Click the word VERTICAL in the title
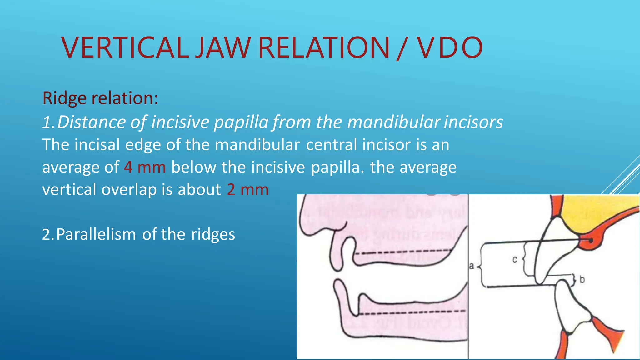pos(125,47)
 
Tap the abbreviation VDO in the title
pos(450,47)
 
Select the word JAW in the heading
pos(223,47)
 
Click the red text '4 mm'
pos(144,167)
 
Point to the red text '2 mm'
pos(247,190)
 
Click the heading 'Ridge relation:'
pos(100,98)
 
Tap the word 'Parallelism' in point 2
pos(96,234)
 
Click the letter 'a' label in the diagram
pos(472,266)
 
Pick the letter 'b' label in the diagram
pos(582,279)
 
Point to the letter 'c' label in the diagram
pos(515,259)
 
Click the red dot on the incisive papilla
pos(590,240)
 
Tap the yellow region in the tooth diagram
pos(594,212)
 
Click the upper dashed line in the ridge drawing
pos(403,252)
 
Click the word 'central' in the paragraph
pos(332,145)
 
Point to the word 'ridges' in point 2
pos(213,234)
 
